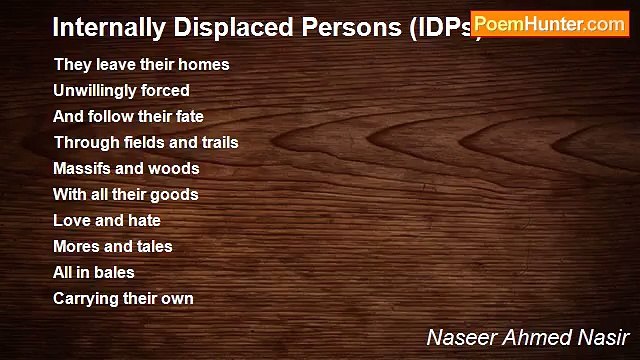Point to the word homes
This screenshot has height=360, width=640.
coord(207,64)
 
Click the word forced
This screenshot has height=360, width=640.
coord(167,90)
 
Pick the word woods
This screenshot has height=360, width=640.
coord(177,168)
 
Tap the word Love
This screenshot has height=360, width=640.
coord(72,220)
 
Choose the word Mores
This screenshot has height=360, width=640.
coord(77,246)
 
